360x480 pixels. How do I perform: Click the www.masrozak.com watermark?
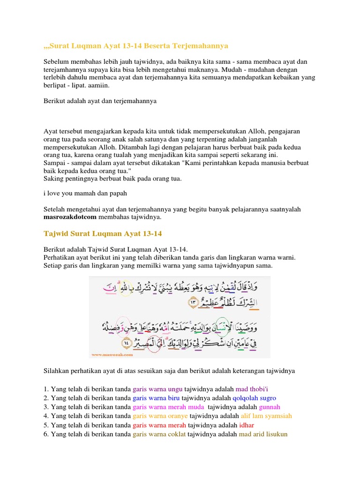click(x=106, y=355)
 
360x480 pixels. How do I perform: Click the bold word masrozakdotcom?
click(x=70, y=217)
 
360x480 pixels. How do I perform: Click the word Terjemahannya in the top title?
click(x=199, y=46)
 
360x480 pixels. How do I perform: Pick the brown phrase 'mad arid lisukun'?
click(x=263, y=434)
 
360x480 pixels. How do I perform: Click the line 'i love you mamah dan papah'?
click(x=85, y=193)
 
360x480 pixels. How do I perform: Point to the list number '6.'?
click(x=46, y=434)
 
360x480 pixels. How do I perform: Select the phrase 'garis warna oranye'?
click(x=160, y=416)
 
